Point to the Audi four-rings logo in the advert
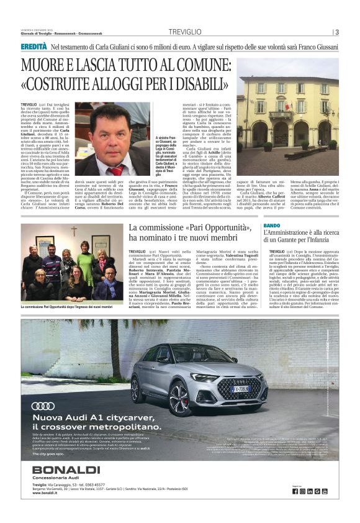click(43, 406)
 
